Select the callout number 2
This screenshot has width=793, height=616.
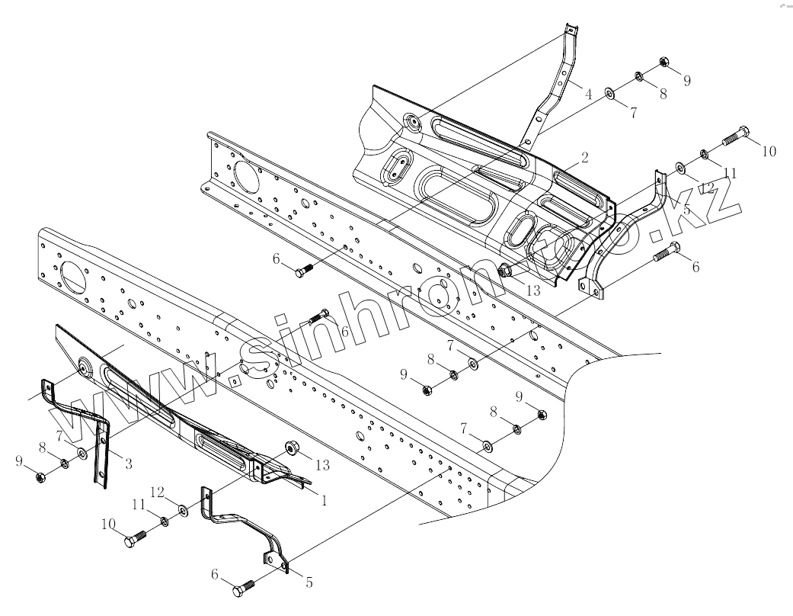point(584,158)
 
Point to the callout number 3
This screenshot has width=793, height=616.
point(129,463)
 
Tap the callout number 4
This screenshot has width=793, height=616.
point(588,95)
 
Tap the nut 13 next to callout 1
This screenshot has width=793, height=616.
point(290,447)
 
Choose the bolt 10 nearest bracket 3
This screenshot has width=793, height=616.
point(136,540)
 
